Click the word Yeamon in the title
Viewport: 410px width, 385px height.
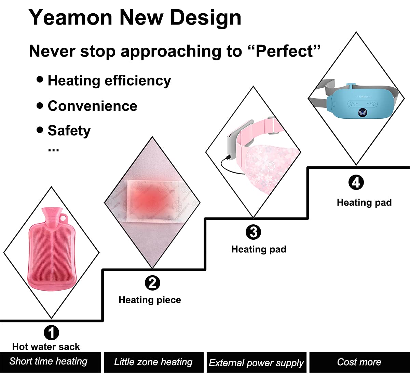[x=70, y=18]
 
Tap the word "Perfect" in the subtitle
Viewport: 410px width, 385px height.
[x=285, y=51]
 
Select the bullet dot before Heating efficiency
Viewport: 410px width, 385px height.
[x=40, y=79]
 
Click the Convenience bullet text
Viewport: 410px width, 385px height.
[x=93, y=106]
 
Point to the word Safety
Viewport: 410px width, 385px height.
[x=69, y=131]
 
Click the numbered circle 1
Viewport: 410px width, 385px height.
[x=51, y=332]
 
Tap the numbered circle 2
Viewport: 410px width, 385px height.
[x=152, y=283]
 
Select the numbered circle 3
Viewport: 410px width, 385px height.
[x=253, y=232]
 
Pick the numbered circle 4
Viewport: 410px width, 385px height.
[x=356, y=182]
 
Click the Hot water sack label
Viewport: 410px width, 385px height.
[x=46, y=347]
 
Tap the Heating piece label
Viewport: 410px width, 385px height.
[x=150, y=300]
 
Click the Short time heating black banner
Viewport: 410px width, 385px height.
[x=51, y=362]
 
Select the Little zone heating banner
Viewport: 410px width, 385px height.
[x=154, y=362]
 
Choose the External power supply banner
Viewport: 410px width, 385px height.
[x=256, y=362]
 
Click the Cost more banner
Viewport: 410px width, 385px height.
[x=360, y=362]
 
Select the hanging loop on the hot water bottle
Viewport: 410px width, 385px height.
[x=64, y=217]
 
